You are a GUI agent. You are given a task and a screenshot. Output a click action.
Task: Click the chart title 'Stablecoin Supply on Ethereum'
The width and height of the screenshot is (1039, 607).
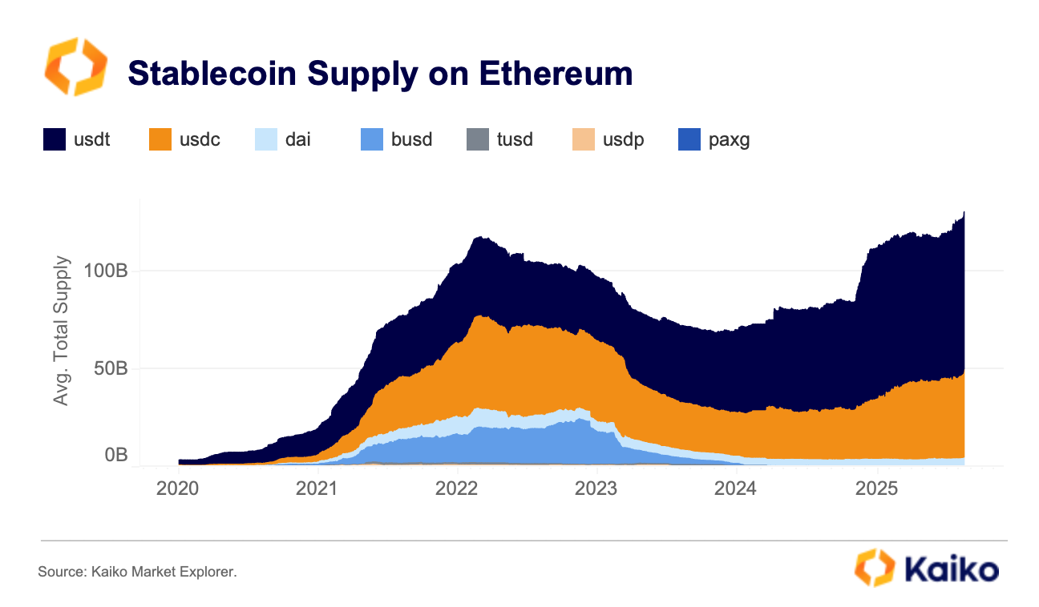(380, 73)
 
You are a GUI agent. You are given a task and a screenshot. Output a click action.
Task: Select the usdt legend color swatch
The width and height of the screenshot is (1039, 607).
(55, 139)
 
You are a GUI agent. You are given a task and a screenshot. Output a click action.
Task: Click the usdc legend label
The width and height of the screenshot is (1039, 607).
(200, 139)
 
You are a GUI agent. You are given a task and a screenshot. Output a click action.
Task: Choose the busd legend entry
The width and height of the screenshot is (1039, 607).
(397, 139)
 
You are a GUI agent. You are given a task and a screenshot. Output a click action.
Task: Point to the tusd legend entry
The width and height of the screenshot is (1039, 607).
(499, 139)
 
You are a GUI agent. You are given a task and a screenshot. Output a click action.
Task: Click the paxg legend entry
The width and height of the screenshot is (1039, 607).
(714, 139)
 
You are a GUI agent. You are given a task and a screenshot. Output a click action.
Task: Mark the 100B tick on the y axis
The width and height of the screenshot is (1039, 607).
(106, 271)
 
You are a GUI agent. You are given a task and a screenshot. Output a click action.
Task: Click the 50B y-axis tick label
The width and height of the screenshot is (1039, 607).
(110, 368)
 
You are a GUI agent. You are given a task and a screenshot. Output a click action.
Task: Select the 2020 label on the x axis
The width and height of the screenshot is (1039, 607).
(178, 488)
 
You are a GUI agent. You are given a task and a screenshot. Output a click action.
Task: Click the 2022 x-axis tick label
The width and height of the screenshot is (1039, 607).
(456, 488)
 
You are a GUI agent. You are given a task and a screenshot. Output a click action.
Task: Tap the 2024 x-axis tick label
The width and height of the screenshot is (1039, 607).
(734, 488)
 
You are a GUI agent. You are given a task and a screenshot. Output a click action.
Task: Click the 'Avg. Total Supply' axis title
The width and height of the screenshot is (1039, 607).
(62, 330)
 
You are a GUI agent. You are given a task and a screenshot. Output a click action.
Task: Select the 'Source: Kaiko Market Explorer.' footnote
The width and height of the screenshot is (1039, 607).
(137, 572)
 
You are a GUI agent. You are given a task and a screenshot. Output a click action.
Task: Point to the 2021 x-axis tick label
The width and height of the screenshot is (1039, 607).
(317, 488)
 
